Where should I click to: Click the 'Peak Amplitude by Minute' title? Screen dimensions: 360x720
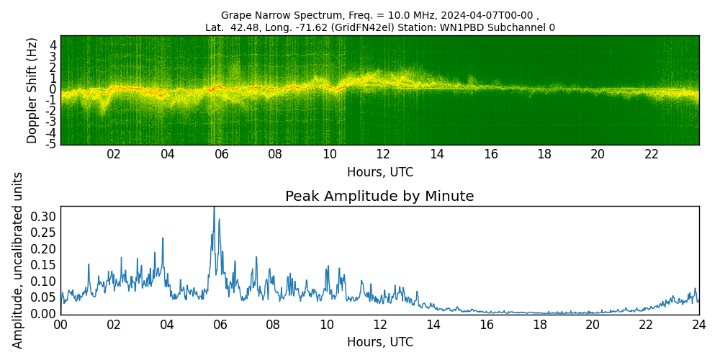pos(379,197)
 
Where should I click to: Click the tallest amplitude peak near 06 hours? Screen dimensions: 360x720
pos(214,210)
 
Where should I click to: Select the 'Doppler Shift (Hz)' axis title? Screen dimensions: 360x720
pos(32,90)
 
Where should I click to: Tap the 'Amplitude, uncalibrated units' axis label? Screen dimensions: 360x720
pos(18,260)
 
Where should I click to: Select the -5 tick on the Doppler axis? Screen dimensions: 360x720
pos(51,145)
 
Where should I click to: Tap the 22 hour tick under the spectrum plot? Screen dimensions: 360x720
pos(652,154)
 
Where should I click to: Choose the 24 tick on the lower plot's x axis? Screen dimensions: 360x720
pos(698,324)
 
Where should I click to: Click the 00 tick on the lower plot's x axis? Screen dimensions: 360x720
pos(60,324)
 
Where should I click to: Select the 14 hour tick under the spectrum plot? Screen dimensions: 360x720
pos(436,154)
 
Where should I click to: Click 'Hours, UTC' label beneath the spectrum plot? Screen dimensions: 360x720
pos(379,173)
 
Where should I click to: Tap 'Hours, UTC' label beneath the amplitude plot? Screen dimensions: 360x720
pos(379,342)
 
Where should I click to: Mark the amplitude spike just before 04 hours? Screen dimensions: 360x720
pos(163,238)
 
